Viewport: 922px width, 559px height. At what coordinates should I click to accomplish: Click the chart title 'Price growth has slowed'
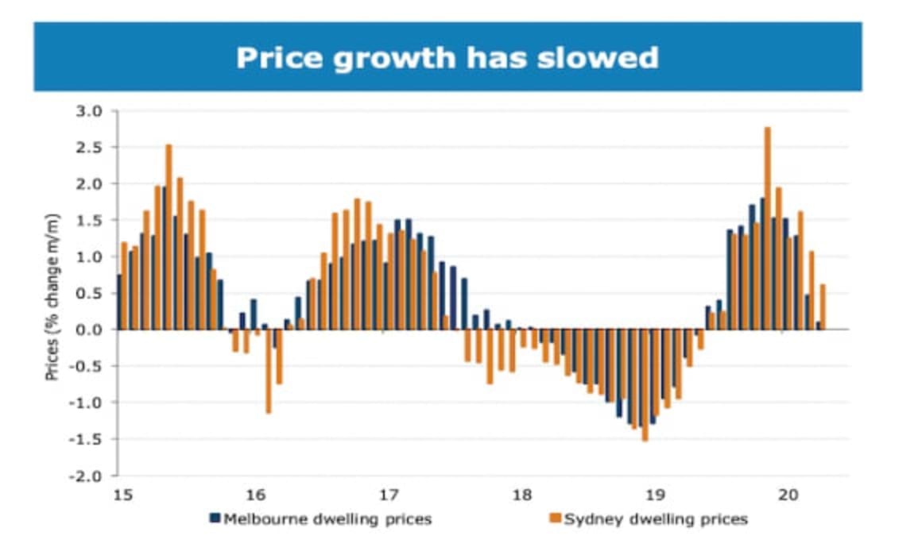447,57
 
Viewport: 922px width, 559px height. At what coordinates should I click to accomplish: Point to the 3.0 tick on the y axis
89,111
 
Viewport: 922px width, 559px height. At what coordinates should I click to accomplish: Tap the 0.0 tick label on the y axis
89,330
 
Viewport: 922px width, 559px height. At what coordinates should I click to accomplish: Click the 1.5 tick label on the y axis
89,220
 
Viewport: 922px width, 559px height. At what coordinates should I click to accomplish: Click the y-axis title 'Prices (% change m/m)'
52,297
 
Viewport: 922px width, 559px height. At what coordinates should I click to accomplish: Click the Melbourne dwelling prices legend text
327,519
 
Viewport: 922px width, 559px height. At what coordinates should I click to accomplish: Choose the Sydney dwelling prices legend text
656,519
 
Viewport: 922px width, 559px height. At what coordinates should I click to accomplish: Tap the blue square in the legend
215,519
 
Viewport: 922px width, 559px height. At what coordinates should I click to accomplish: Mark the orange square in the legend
556,519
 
